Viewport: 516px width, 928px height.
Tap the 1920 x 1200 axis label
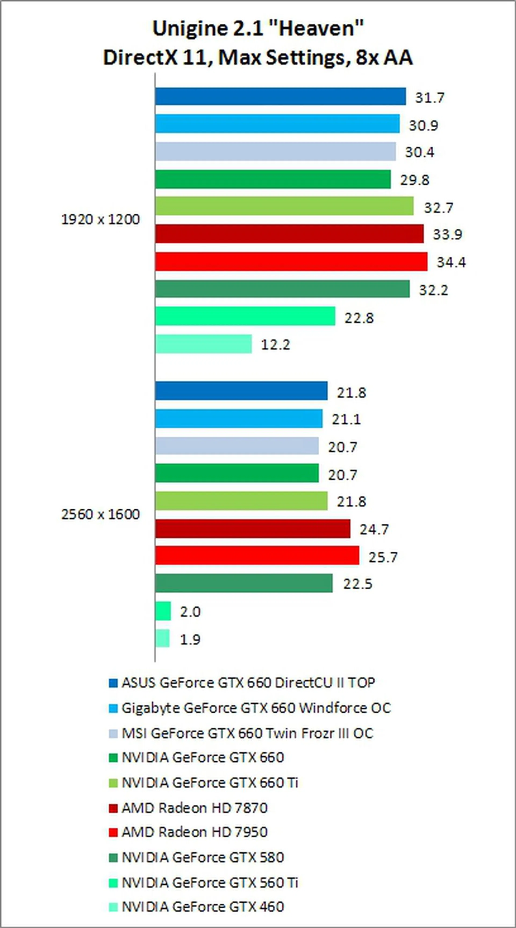coord(101,219)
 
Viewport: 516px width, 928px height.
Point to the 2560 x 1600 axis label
coord(101,514)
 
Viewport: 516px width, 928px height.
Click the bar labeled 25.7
coord(257,556)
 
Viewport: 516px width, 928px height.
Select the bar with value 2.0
coord(163,611)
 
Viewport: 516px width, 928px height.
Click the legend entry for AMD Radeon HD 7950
coord(194,832)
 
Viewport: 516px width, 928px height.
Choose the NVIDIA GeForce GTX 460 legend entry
coord(203,907)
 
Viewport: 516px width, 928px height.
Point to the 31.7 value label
coord(430,98)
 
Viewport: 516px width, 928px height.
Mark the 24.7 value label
coord(374,529)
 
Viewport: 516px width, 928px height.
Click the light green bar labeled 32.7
coord(284,206)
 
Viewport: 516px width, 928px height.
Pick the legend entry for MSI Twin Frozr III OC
coord(248,733)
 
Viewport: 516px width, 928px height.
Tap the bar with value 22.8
coord(245,316)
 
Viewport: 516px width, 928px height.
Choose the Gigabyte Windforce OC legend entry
coord(256,708)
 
